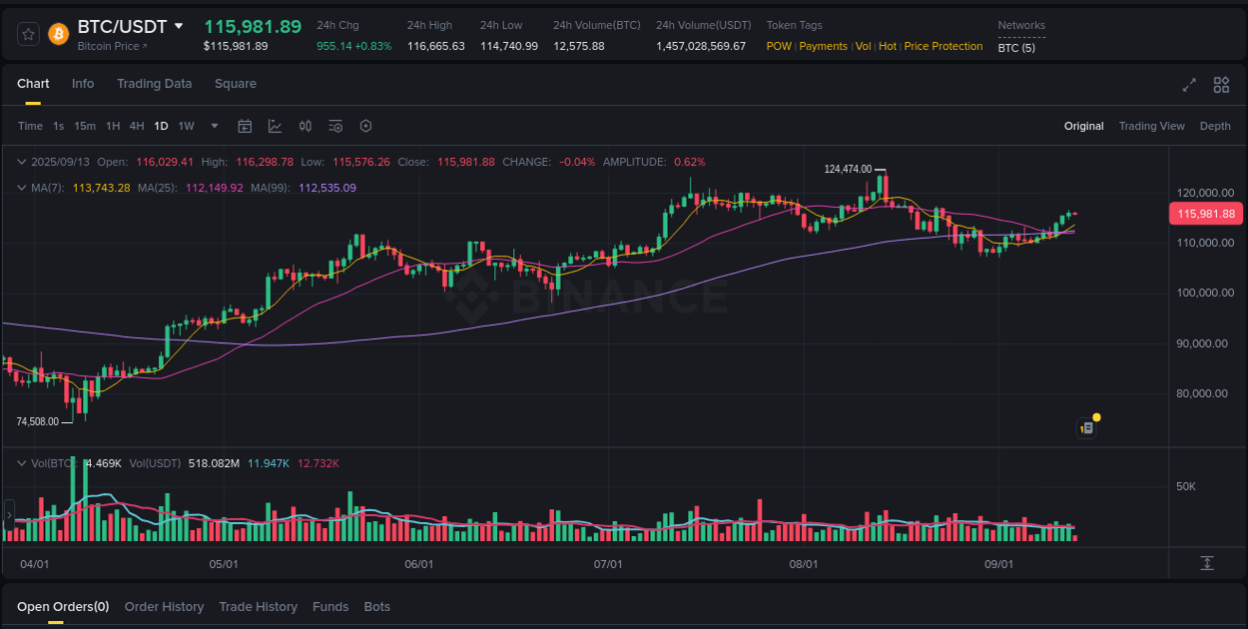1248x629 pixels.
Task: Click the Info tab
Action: pyautogui.click(x=83, y=84)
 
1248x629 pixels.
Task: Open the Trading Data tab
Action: pyautogui.click(x=154, y=84)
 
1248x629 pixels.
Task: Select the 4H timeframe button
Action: pyautogui.click(x=137, y=126)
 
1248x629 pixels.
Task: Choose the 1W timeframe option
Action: pyautogui.click(x=186, y=126)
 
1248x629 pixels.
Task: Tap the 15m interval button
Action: pyautogui.click(x=85, y=126)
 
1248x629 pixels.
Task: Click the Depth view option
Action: pyautogui.click(x=1214, y=126)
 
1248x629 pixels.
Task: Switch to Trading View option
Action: pyautogui.click(x=1151, y=126)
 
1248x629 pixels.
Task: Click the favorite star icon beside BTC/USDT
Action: pyautogui.click(x=29, y=34)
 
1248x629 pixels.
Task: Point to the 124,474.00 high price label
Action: pyautogui.click(x=848, y=170)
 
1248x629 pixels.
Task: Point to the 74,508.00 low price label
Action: pyautogui.click(x=38, y=421)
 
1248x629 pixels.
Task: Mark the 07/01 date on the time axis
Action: pyautogui.click(x=608, y=564)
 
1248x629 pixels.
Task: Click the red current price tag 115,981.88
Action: pyautogui.click(x=1205, y=214)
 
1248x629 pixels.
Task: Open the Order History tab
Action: pyautogui.click(x=164, y=607)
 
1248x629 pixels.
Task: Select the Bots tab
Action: pyautogui.click(x=376, y=607)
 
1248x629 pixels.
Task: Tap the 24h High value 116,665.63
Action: pyautogui.click(x=435, y=46)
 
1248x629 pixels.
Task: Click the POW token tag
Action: pyautogui.click(x=780, y=46)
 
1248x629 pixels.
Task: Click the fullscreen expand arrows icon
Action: pyautogui.click(x=1188, y=85)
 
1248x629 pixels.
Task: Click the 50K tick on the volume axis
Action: pyautogui.click(x=1186, y=486)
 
